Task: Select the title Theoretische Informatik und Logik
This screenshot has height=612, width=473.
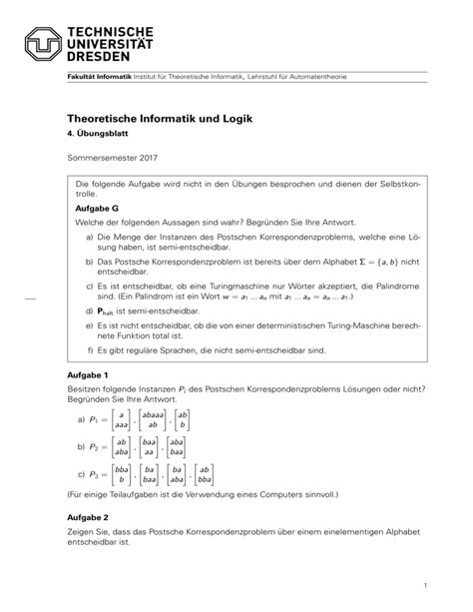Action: point(160,118)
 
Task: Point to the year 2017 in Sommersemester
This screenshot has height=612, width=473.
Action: point(144,158)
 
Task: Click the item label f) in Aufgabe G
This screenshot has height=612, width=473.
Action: point(90,350)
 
